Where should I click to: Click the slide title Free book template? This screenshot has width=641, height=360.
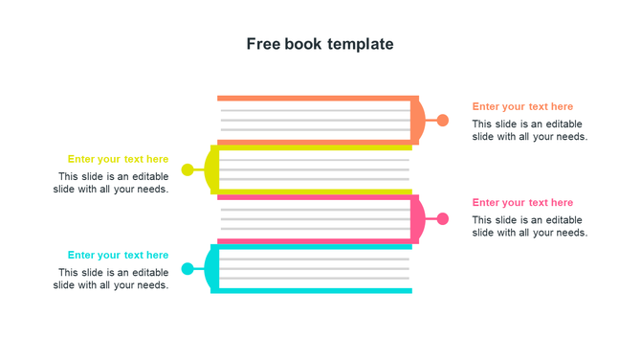(x=320, y=44)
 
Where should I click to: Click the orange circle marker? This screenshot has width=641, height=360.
(x=443, y=121)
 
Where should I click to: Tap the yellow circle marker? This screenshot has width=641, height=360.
(x=188, y=170)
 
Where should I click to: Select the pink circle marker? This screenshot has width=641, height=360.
(x=443, y=219)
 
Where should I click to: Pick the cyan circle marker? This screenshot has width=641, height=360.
(x=188, y=269)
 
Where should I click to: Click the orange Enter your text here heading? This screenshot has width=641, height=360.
(x=522, y=107)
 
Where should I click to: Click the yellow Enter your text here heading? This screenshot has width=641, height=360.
(x=118, y=159)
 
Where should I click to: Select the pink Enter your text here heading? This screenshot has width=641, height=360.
(x=522, y=203)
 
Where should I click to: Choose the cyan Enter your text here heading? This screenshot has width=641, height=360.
(x=118, y=255)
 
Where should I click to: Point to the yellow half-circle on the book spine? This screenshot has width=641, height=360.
(x=210, y=170)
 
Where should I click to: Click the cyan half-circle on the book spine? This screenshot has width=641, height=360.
(x=210, y=269)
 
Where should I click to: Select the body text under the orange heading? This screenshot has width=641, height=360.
(x=529, y=130)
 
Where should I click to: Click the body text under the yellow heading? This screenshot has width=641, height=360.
(x=111, y=183)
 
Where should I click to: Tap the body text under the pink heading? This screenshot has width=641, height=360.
(x=529, y=226)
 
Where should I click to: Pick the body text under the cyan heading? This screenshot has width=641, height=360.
(x=111, y=279)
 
